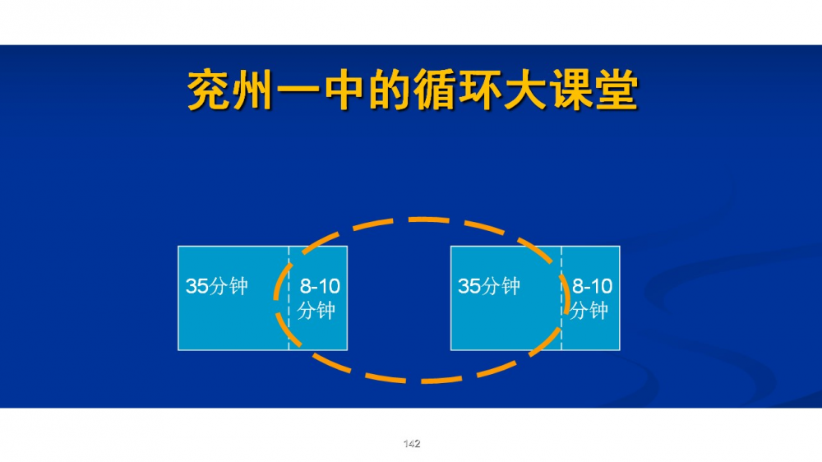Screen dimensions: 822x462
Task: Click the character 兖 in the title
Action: coord(209,90)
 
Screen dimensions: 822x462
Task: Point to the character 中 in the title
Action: coord(344,90)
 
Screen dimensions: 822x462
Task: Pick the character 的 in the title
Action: coord(389,90)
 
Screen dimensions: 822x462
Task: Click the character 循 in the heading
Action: coord(434,90)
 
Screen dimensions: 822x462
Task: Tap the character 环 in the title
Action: coord(479,90)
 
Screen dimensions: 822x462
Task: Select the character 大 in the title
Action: coord(524,90)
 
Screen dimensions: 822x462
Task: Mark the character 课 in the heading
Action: coord(570,90)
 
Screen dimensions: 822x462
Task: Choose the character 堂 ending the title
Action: coord(616,90)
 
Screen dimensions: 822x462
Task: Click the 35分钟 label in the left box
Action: coord(216,286)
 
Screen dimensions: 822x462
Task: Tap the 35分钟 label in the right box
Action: coord(489,286)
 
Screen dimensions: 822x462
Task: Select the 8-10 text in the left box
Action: coord(320,286)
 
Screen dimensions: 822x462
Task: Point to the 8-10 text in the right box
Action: coord(593,286)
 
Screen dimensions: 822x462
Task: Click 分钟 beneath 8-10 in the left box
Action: coord(316,311)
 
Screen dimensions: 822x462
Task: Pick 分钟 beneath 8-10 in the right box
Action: coord(589,311)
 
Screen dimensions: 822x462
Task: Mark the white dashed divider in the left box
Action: coord(289,298)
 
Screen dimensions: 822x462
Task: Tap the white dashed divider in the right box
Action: coord(561,298)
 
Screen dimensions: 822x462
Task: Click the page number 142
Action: coord(412,444)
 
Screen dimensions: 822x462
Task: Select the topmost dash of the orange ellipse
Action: coord(428,219)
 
